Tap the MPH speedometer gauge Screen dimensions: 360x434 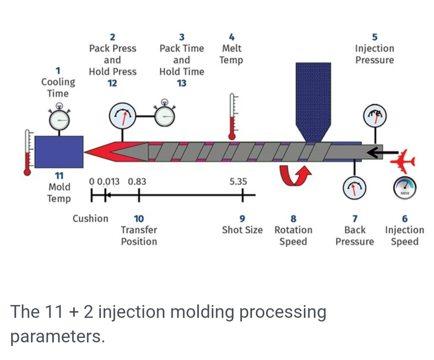click(404, 188)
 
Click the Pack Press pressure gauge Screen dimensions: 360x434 click(123, 116)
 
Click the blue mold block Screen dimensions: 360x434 click(59, 151)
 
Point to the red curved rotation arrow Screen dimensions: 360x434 click(296, 177)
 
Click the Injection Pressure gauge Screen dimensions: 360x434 click(374, 116)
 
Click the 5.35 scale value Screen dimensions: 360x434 click(238, 182)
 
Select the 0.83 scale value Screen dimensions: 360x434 click(137, 182)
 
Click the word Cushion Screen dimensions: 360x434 click(90, 219)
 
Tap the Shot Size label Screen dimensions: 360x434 click(242, 230)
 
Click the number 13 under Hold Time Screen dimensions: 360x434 click(181, 83)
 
